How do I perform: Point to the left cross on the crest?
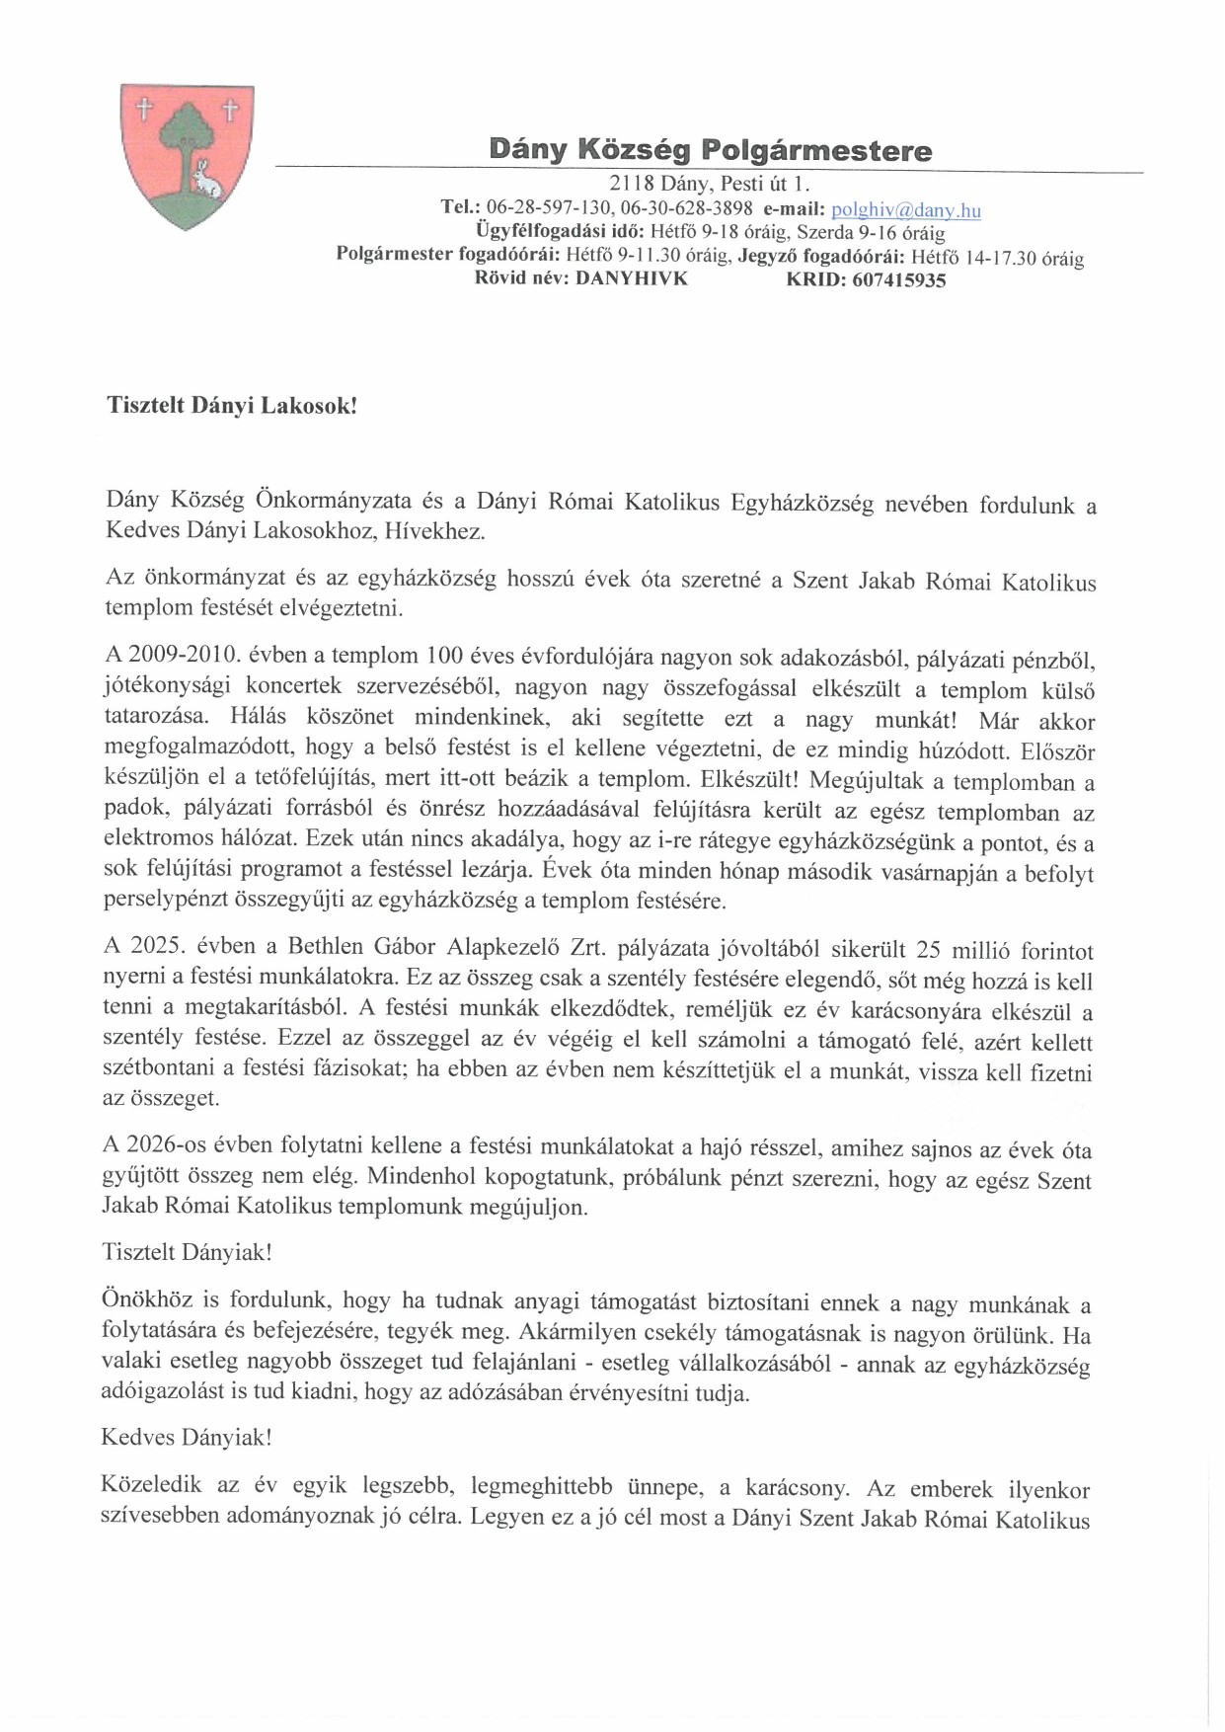click(x=145, y=108)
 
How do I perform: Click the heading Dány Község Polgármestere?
click(x=709, y=151)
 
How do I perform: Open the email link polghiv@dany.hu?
click(x=906, y=209)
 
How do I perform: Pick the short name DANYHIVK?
click(x=632, y=279)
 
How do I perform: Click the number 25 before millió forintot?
click(x=929, y=951)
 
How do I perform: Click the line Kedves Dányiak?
click(x=186, y=1437)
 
